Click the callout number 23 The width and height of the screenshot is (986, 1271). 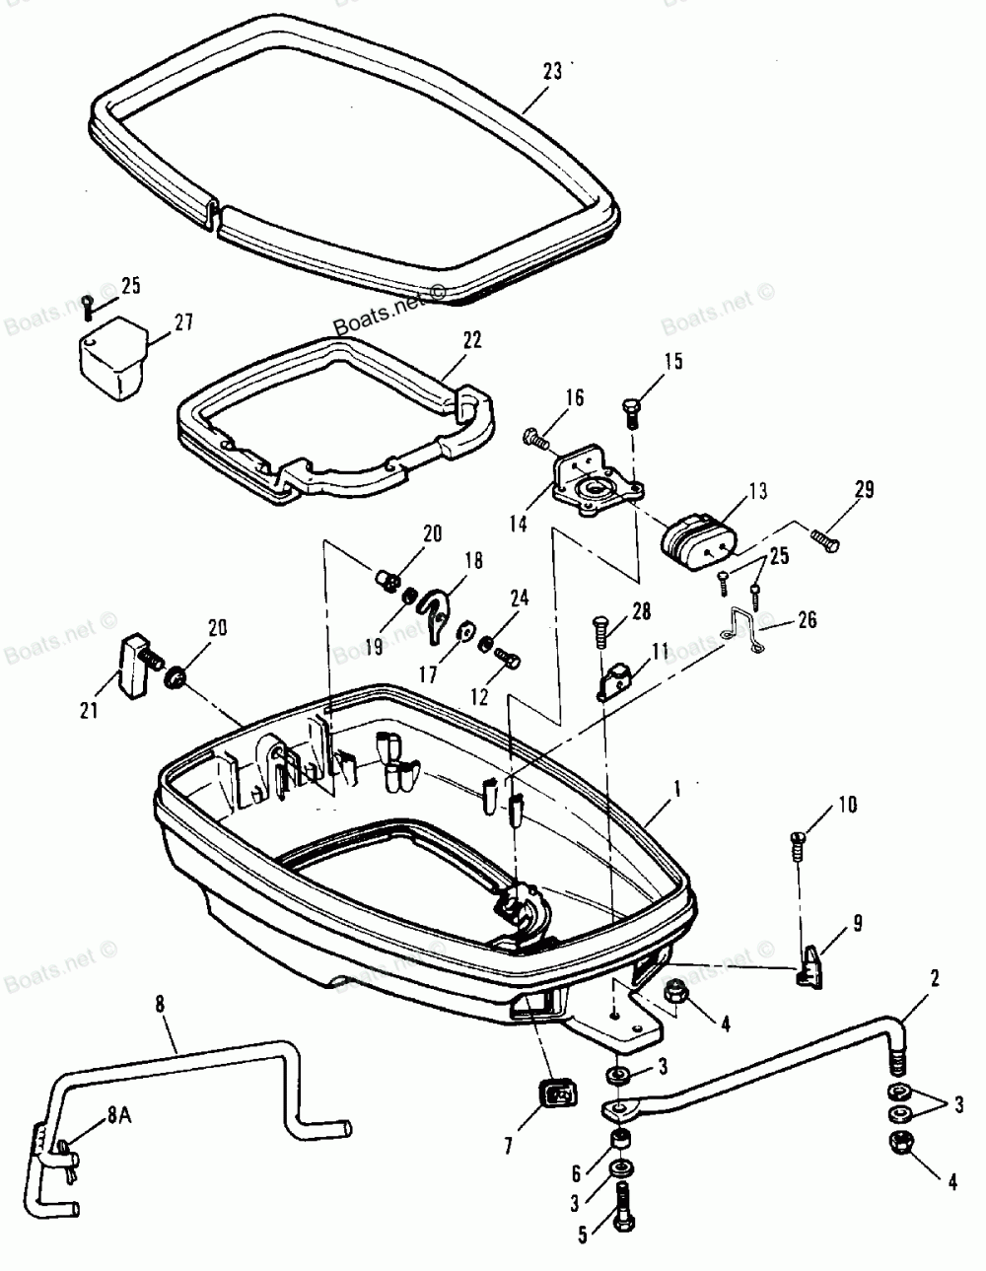551,71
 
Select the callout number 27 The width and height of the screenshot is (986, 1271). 184,322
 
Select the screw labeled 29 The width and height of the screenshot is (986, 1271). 826,539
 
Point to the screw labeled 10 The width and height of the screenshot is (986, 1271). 800,841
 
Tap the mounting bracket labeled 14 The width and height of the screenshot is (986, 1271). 594,483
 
